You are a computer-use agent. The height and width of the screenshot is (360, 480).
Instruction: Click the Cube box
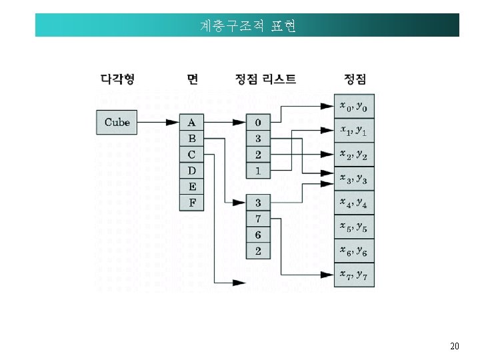click(x=117, y=122)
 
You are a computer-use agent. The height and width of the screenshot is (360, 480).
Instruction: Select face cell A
click(x=192, y=122)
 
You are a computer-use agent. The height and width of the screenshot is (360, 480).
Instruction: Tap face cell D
click(x=192, y=171)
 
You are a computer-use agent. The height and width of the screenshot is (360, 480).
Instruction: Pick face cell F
click(x=192, y=203)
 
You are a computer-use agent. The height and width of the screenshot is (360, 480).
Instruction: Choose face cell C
click(x=192, y=155)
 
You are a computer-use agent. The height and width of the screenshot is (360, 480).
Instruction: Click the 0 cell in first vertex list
click(x=257, y=122)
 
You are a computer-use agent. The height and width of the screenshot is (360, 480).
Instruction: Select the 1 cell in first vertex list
click(x=257, y=171)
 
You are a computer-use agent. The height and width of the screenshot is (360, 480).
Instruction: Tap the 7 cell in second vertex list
click(x=257, y=218)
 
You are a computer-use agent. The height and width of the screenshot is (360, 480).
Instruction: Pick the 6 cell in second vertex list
click(x=257, y=235)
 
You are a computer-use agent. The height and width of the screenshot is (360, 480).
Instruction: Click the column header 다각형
click(x=117, y=79)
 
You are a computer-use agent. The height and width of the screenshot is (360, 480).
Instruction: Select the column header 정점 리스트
click(x=265, y=79)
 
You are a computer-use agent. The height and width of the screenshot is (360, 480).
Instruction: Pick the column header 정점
click(x=355, y=79)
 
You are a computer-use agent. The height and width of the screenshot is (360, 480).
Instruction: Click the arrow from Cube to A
click(x=158, y=122)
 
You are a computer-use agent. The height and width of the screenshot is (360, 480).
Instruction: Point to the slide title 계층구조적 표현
click(x=247, y=26)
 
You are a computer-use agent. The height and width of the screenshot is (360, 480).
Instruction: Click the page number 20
click(x=454, y=346)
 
